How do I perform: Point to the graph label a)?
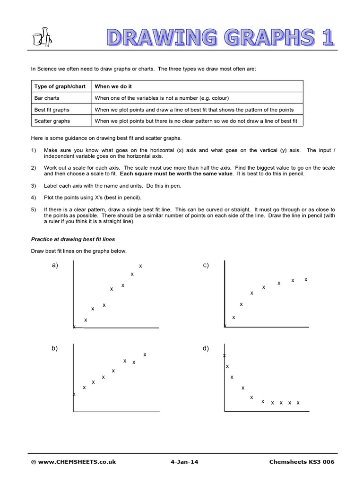(55, 265)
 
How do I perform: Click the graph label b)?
(55, 348)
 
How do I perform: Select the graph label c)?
(206, 265)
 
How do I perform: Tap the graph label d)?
(206, 348)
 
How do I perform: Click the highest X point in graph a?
(140, 266)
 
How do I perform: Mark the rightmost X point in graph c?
(306, 279)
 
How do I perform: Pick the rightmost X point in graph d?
(298, 403)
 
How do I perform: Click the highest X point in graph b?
(145, 354)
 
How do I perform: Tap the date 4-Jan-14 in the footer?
(184, 462)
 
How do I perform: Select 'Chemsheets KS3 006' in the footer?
(302, 462)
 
